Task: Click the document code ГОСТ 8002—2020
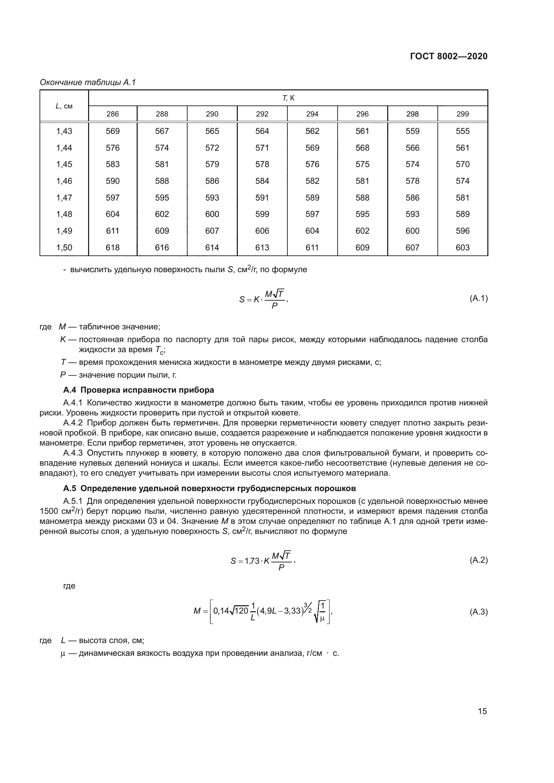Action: point(448,56)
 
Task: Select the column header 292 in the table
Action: point(262,114)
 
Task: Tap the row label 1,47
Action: point(64,198)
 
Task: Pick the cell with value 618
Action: point(113,248)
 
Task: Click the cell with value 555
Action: point(463,131)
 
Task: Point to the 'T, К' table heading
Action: point(288,98)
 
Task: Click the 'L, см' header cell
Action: point(64,106)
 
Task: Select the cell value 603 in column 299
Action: point(463,248)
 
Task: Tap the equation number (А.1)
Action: point(479,299)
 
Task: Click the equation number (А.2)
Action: point(479,560)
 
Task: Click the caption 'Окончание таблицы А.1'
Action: point(88,82)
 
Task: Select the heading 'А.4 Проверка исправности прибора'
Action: point(139,390)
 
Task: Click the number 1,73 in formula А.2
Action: point(252,561)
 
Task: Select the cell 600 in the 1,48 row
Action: point(212,214)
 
